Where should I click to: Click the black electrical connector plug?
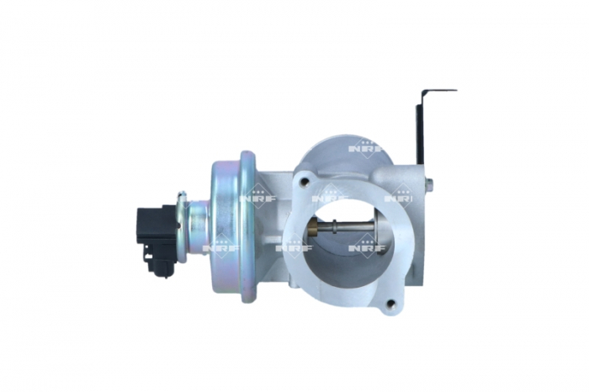pyautogui.click(x=149, y=228)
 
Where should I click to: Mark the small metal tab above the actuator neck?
pyautogui.click(x=180, y=199)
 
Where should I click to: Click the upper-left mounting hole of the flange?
pyautogui.click(x=304, y=180)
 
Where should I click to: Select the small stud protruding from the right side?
pyautogui.click(x=430, y=183)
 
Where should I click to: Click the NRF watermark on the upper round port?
pyautogui.click(x=363, y=147)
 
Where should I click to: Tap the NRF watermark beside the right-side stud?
pyautogui.click(x=399, y=199)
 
